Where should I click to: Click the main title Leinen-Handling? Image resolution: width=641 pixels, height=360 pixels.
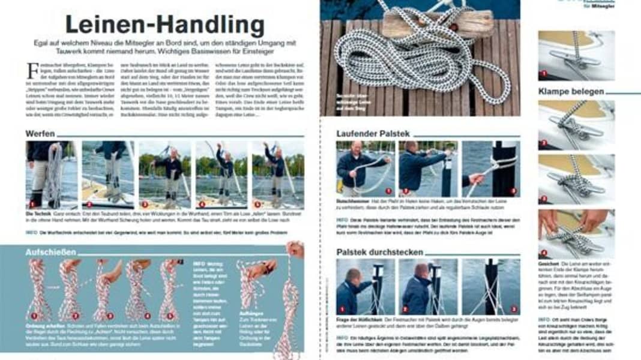tap(164, 25)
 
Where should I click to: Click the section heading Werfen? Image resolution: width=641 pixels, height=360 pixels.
tap(40, 133)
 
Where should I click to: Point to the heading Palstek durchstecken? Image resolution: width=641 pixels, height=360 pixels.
tap(380, 252)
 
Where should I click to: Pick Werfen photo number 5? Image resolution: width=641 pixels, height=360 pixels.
tap(278, 175)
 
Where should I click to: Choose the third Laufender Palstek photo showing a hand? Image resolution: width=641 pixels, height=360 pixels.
tap(491, 169)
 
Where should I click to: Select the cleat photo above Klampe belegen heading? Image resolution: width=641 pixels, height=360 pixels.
tap(576, 56)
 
